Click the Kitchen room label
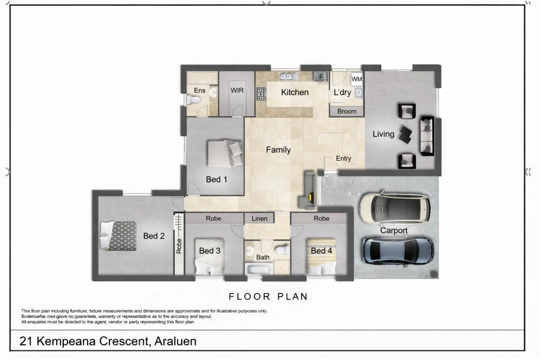click(295, 92)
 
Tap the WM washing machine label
click(356, 79)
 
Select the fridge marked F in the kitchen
click(321, 77)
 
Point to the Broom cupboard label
click(347, 111)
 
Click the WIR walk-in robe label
click(237, 90)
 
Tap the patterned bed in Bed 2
click(118, 236)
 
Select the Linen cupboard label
click(259, 218)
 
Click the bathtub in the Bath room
click(259, 270)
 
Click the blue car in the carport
click(397, 250)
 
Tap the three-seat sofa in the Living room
click(427, 136)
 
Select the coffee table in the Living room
click(406, 135)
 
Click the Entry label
click(343, 159)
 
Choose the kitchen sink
click(289, 76)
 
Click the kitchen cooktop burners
click(261, 94)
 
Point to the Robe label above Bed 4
click(321, 218)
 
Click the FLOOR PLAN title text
click(268, 297)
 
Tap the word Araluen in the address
click(175, 341)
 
